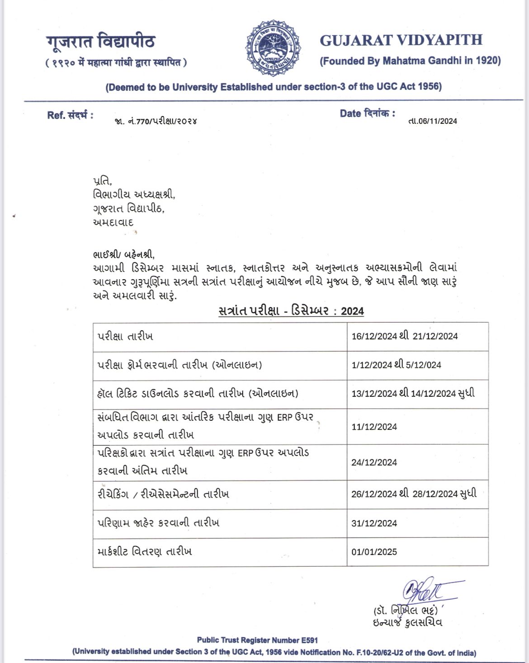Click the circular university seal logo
tap(274, 47)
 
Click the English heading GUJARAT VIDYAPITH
tap(401, 40)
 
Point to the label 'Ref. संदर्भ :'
tap(70, 115)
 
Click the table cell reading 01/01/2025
tap(374, 552)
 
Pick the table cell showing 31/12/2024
tap(374, 523)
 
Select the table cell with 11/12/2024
tap(374, 427)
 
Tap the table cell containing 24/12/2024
tap(374, 462)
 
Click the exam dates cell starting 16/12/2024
tap(404, 336)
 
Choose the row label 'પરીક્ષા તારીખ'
tap(125, 337)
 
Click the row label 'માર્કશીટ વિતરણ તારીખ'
tap(145, 552)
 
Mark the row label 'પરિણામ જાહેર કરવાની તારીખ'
tap(158, 523)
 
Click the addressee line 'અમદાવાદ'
tap(113, 223)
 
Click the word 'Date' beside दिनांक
tap(350, 113)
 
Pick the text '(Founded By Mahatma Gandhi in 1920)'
tap(410, 61)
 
